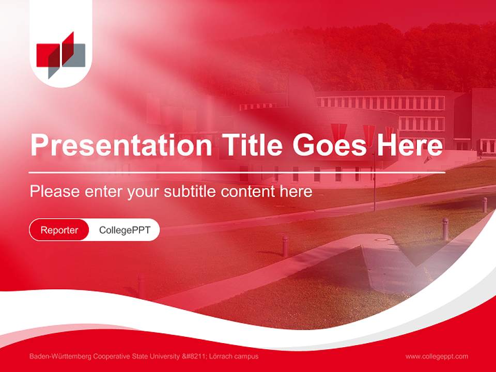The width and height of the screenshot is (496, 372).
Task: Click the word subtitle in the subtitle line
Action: click(190, 192)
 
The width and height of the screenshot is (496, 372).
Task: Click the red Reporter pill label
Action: click(59, 230)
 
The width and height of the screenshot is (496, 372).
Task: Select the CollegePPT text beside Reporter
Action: click(125, 230)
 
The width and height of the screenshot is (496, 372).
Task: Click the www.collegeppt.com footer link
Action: click(437, 356)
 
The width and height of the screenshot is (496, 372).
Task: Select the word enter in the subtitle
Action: click(104, 192)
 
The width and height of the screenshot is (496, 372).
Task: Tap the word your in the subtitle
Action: click(145, 192)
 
